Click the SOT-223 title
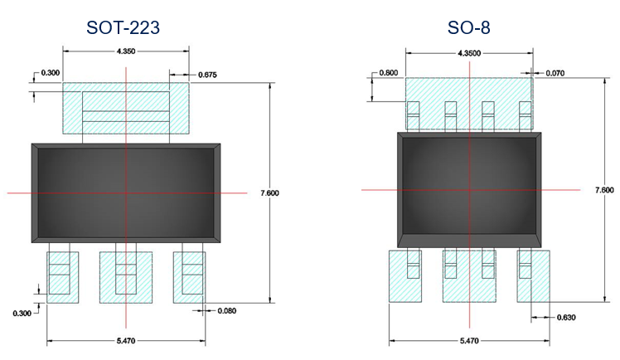(123, 27)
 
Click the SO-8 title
(468, 27)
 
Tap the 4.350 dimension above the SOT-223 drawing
(126, 51)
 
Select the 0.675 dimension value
(207, 75)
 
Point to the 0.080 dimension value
(227, 311)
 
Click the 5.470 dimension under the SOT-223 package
(126, 341)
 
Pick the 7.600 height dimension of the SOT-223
(269, 193)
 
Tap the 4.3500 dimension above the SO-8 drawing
(469, 53)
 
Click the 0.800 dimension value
(388, 73)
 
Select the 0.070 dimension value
(555, 73)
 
